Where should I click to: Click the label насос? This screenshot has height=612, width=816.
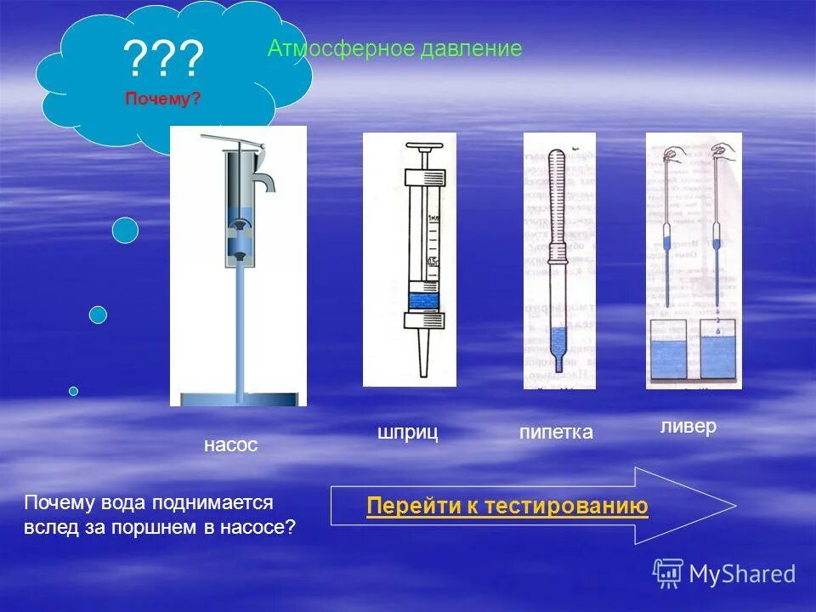tap(230, 445)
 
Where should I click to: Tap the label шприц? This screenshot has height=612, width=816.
tap(407, 433)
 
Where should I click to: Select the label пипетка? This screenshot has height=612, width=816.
tap(556, 433)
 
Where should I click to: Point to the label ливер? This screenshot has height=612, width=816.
tap(688, 426)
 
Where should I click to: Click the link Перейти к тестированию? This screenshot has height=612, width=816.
tap(507, 507)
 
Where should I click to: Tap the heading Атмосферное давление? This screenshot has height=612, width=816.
tap(394, 48)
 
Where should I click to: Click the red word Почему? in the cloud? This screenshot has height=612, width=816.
tap(163, 99)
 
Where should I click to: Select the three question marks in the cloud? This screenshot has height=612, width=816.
tap(163, 60)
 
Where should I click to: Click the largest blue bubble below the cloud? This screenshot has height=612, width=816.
tap(125, 230)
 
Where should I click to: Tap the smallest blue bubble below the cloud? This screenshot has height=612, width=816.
tap(74, 391)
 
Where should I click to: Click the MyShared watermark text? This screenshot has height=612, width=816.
tap(741, 575)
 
